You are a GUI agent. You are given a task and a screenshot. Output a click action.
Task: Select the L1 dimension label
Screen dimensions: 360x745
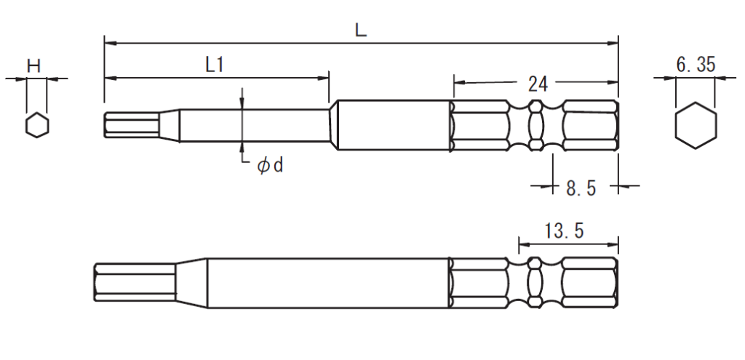(213, 65)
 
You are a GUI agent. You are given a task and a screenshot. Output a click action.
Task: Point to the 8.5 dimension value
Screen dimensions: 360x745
(581, 188)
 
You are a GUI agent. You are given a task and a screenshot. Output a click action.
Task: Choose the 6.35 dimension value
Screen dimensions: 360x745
(695, 65)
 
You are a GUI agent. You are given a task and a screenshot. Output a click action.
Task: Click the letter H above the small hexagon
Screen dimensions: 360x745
(33, 65)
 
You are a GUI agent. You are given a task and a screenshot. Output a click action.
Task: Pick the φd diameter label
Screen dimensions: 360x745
(269, 167)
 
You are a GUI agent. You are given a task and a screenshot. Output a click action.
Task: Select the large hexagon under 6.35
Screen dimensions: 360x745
(695, 127)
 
